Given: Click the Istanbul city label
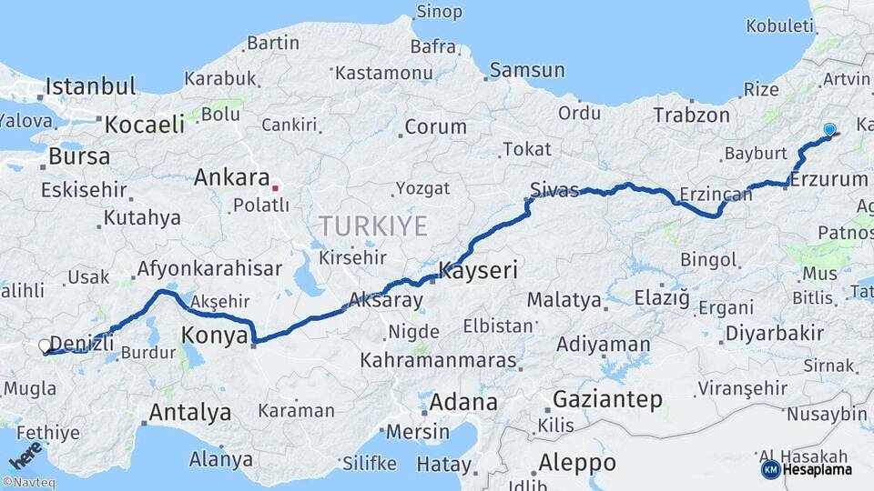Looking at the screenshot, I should click(x=90, y=87).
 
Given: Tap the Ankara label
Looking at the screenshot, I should click(x=231, y=177).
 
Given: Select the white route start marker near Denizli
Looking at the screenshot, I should click(x=45, y=346).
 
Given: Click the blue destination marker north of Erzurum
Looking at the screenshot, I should click(x=829, y=130).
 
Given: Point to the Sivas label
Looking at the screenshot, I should click(x=554, y=190).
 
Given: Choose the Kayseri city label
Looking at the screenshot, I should click(x=478, y=270).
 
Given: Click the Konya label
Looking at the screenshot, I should click(x=215, y=336).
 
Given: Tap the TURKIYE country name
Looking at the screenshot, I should click(x=372, y=226).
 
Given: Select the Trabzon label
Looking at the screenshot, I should click(x=691, y=115).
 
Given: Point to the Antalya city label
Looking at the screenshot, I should click(x=189, y=413).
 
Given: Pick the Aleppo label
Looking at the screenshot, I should click(x=576, y=462).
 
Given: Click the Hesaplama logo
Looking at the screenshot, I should click(x=810, y=470).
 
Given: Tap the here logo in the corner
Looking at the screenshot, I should click(x=24, y=458).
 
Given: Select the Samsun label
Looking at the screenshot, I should click(x=527, y=70).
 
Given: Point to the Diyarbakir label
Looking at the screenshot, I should click(x=766, y=334).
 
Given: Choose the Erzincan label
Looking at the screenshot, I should click(x=716, y=195).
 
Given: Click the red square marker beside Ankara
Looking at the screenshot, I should click(x=275, y=189).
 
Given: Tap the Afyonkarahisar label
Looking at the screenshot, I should click(x=208, y=269).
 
